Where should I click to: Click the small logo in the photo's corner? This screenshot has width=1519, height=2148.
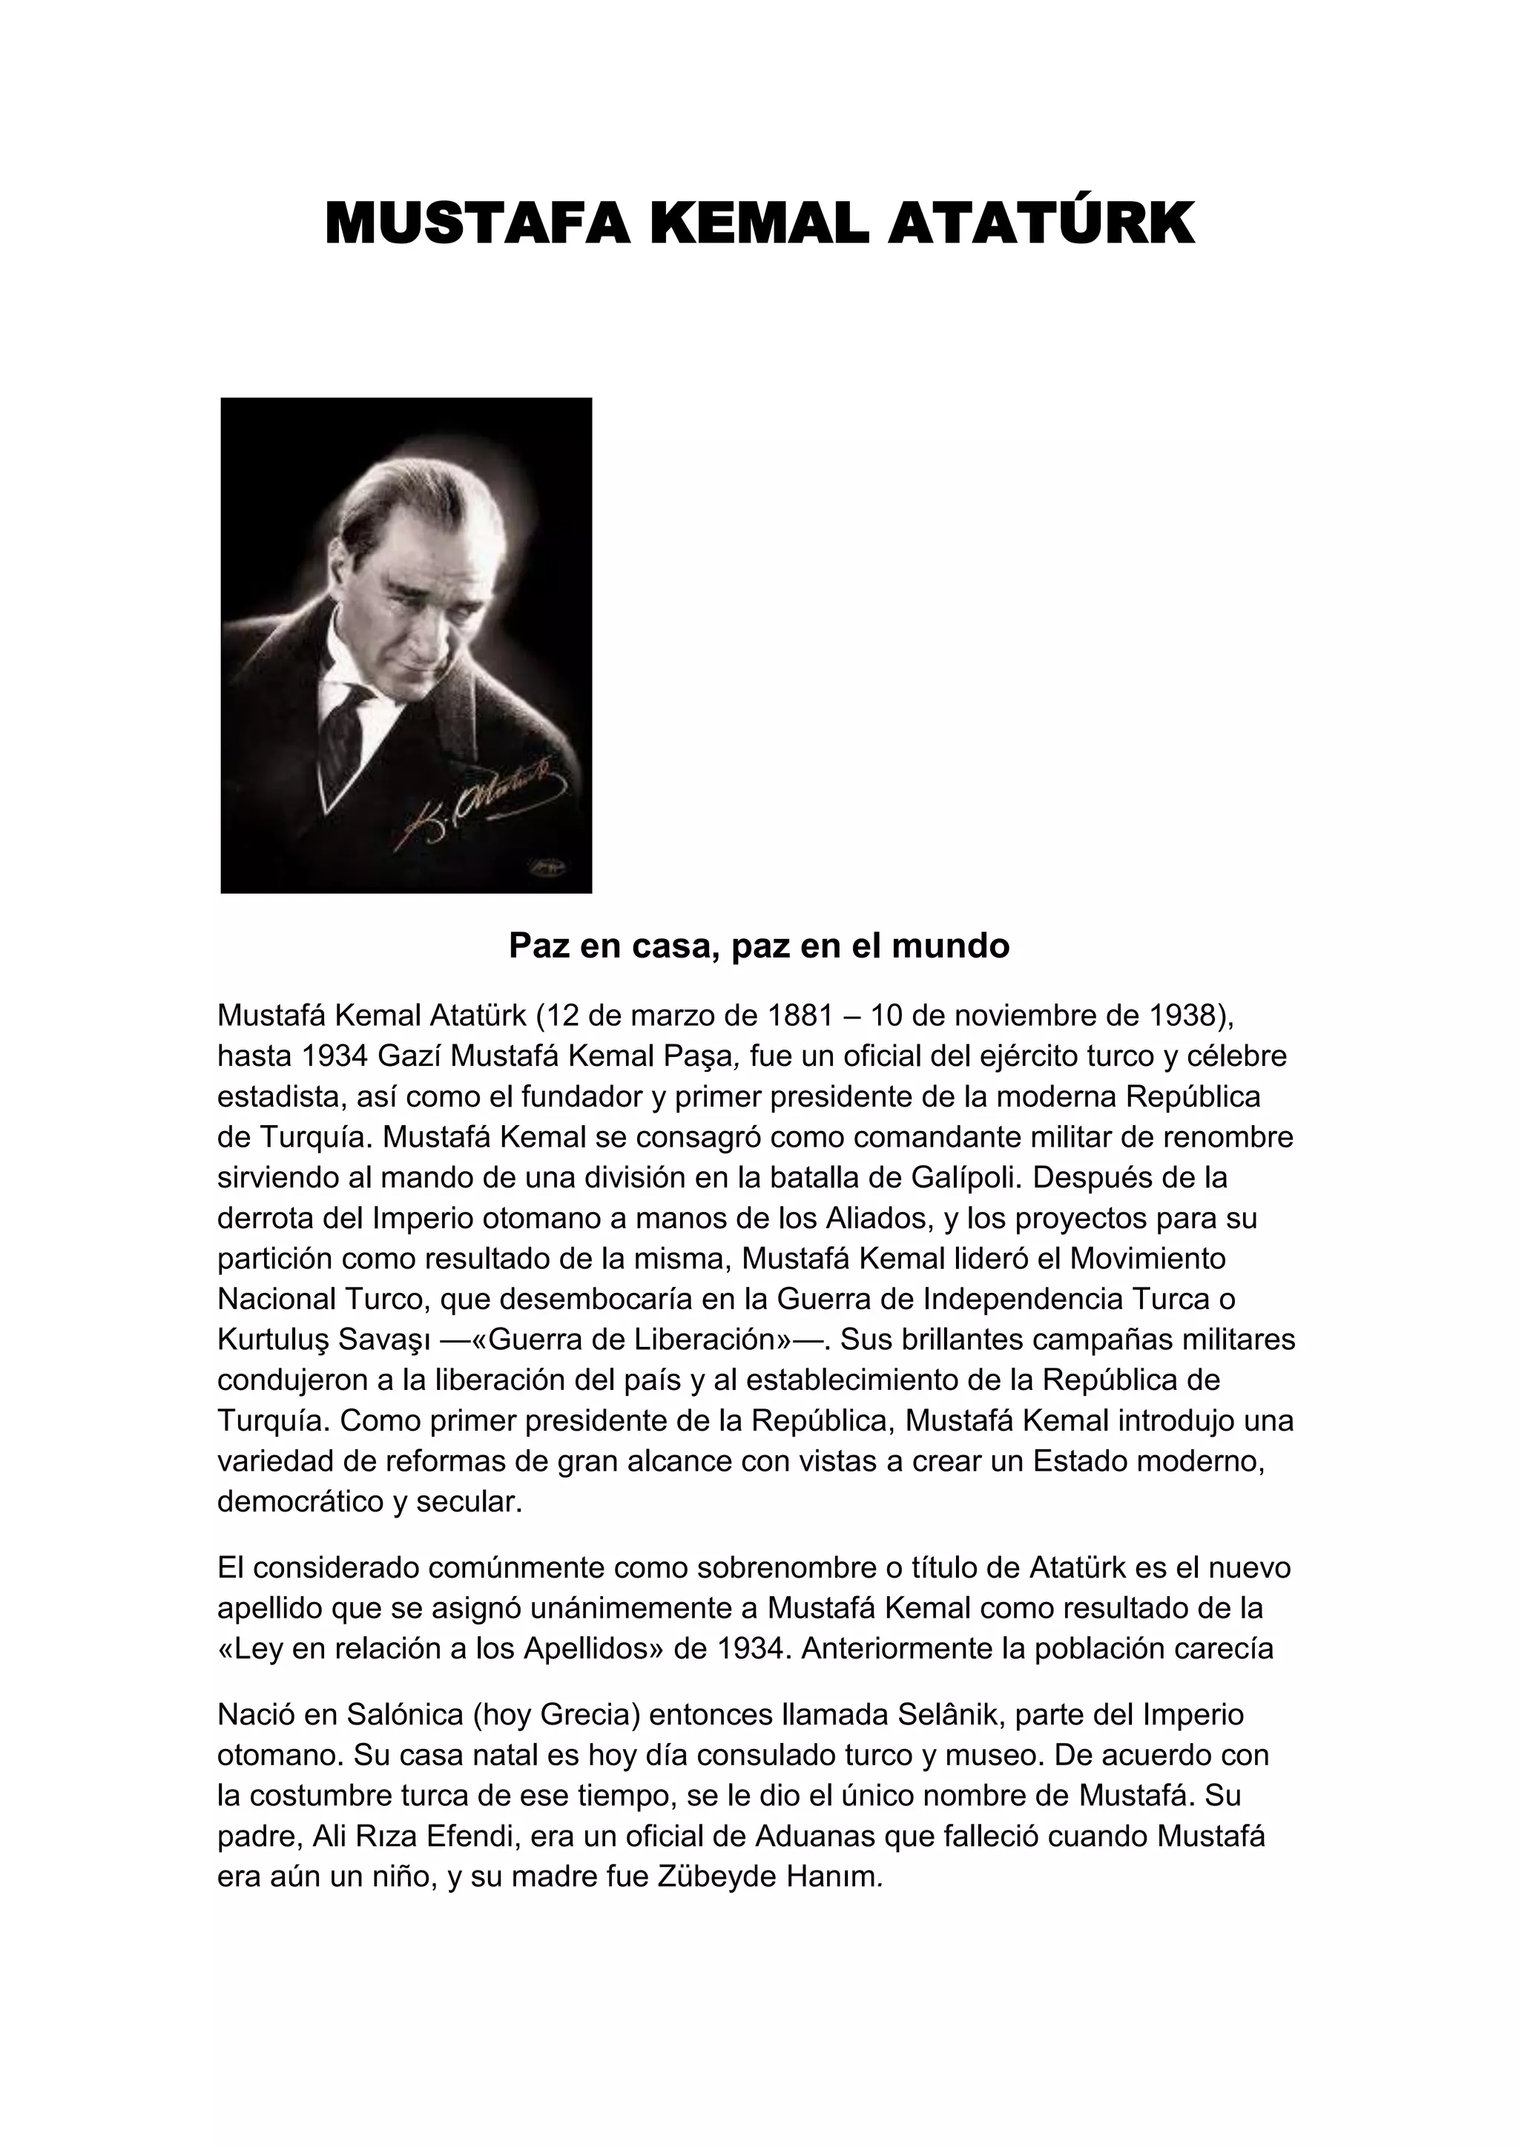click(x=549, y=867)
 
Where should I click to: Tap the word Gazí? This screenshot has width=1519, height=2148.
click(x=409, y=1055)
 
